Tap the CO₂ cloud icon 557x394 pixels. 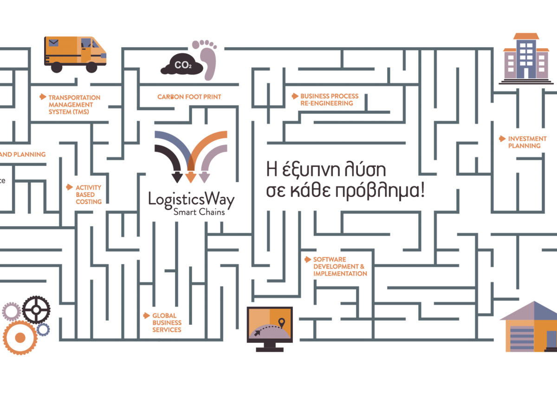click(x=182, y=66)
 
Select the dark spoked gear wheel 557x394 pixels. click(x=36, y=309)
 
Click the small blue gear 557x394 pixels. click(x=43, y=330)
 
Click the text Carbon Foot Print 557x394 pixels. click(x=189, y=97)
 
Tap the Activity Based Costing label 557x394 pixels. click(x=88, y=195)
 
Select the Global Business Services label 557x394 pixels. click(x=167, y=322)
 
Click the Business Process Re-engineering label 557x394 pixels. click(x=329, y=99)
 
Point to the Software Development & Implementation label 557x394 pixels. click(x=339, y=267)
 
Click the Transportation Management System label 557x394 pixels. click(x=74, y=105)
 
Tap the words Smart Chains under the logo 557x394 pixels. click(x=199, y=212)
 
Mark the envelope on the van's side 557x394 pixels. click(x=54, y=43)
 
